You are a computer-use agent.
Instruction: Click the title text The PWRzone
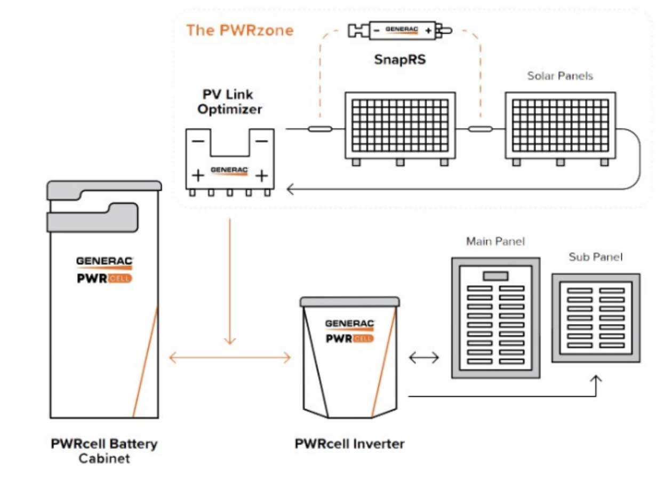click(239, 30)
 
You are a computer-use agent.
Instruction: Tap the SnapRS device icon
click(400, 30)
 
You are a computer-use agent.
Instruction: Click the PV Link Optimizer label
click(229, 102)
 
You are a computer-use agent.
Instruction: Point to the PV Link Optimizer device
click(229, 160)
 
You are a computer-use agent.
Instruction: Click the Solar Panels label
click(560, 76)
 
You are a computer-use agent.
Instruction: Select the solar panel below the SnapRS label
click(400, 126)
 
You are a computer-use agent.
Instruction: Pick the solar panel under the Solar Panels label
click(561, 126)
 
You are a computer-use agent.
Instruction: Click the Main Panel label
click(495, 241)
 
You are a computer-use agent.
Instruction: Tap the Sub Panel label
click(595, 257)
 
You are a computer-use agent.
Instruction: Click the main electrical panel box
click(495, 318)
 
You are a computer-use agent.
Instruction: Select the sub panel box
click(595, 318)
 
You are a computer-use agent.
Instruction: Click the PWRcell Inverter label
click(349, 444)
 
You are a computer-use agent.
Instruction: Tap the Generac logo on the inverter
click(349, 324)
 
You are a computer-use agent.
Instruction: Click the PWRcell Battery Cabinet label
click(104, 451)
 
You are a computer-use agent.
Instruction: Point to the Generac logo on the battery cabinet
click(104, 261)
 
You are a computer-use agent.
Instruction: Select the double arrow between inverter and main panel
click(423, 358)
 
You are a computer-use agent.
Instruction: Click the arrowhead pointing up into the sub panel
click(596, 379)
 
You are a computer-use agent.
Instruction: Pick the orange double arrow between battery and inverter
click(230, 358)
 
